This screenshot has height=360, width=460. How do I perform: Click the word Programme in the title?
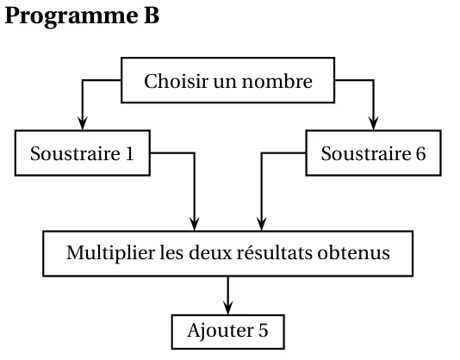pos(71,17)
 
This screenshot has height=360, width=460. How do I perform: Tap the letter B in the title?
pos(152,16)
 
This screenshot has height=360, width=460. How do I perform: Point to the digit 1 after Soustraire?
pos(129,153)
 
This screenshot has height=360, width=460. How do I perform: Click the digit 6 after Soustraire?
pos(420,153)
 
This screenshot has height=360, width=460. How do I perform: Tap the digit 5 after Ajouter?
pos(263,331)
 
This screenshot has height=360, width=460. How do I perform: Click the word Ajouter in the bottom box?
pos(221,332)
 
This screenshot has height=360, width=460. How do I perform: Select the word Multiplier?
pos(110,253)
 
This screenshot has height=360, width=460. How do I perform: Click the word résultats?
pos(275,252)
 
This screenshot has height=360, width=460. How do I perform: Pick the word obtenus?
pos(353,252)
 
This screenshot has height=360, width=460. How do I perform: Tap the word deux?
pos(211,252)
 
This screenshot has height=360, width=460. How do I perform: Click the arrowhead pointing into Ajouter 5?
pos(228,308)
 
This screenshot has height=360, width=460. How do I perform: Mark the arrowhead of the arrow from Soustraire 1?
pos(194,224)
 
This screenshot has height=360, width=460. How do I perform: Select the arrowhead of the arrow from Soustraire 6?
pos(261,224)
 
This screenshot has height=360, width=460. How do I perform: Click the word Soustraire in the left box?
pos(75,153)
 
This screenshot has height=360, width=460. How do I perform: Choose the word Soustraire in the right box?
pos(366,153)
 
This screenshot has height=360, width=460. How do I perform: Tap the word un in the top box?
pos(225,82)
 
